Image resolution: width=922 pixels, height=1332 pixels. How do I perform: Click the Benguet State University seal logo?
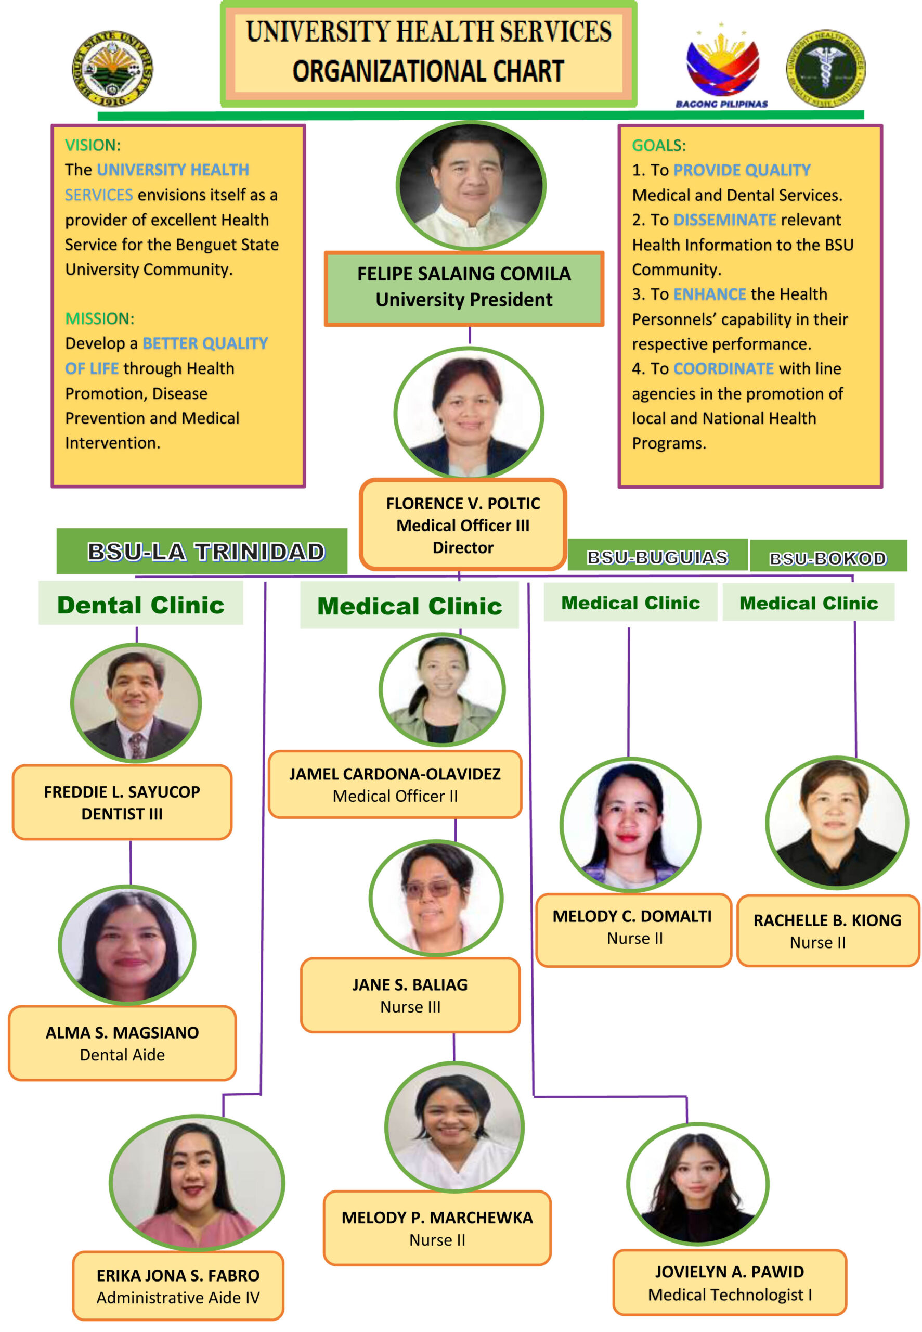coord(113,68)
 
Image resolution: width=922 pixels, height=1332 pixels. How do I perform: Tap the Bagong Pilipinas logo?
coord(722,65)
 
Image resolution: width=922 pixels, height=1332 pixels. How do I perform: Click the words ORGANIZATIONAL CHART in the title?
coord(428,72)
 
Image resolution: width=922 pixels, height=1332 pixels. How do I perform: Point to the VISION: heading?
coord(93,145)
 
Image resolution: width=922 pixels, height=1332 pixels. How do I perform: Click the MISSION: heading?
coord(99,318)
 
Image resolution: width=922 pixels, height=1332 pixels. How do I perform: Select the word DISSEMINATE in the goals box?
coord(724,220)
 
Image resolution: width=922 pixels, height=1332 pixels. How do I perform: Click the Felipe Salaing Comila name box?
coord(464,288)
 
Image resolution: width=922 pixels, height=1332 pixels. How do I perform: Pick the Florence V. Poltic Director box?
coord(463,524)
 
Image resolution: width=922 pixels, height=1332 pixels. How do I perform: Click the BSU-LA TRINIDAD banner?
coord(202,552)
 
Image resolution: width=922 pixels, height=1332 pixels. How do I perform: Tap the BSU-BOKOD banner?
coord(828,558)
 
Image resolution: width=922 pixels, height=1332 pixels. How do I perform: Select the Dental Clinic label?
coord(141,605)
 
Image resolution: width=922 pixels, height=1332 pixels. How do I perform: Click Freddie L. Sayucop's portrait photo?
coord(136,703)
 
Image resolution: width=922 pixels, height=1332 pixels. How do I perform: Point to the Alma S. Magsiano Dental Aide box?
coord(123,1043)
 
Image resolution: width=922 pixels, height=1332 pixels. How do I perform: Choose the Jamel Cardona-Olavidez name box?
coord(395,784)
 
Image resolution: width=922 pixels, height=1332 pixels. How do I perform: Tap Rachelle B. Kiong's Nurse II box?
coord(827,930)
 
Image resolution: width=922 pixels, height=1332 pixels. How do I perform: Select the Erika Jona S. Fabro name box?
coord(178,1286)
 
